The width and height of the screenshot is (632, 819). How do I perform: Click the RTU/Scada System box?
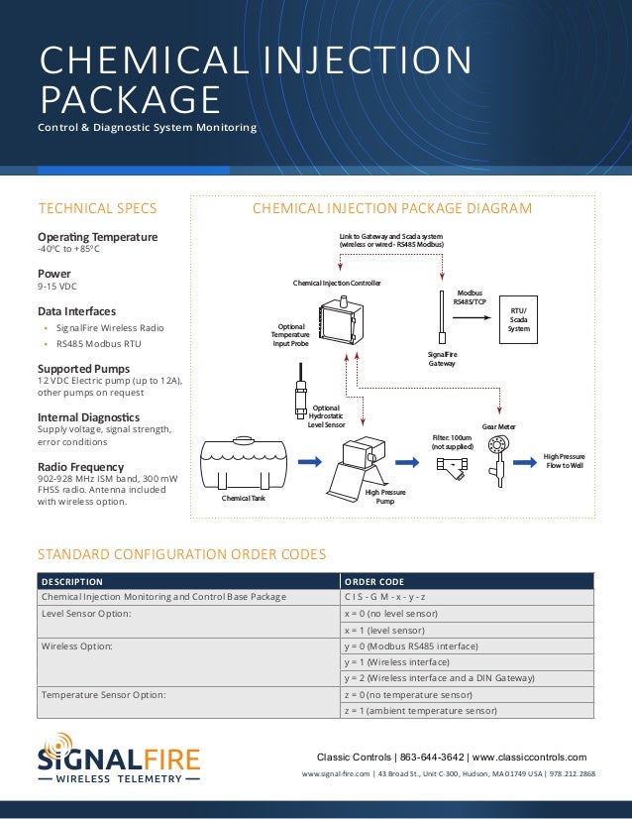coord(518,319)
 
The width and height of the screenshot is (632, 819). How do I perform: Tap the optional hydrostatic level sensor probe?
coord(299,392)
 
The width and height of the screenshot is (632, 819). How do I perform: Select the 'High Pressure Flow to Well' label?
coord(564,461)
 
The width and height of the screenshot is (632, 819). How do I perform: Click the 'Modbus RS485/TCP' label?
coord(469,297)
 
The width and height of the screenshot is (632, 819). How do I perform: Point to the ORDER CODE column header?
coord(372,581)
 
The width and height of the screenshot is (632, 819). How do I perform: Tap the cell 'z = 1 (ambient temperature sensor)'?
coord(420,710)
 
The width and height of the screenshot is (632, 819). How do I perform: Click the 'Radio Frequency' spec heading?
coord(80,466)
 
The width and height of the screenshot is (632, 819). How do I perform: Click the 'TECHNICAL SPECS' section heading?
coord(97,208)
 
